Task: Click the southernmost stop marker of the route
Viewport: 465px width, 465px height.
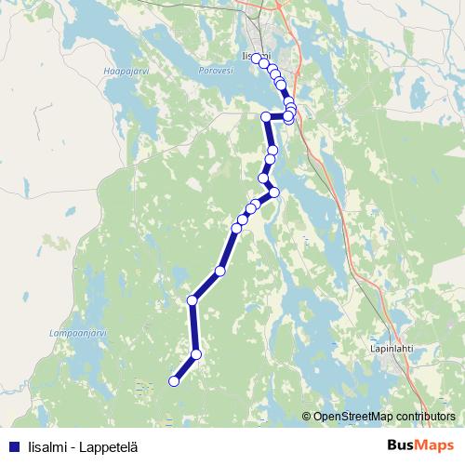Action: click(174, 380)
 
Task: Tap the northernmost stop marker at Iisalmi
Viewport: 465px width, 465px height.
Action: click(257, 59)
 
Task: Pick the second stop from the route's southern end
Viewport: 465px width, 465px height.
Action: click(196, 353)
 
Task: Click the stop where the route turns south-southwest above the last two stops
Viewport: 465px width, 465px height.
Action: click(193, 299)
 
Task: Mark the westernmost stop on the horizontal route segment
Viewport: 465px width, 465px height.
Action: click(266, 116)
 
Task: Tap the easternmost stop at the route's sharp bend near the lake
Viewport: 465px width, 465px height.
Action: click(274, 193)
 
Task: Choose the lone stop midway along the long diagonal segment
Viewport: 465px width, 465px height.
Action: click(220, 271)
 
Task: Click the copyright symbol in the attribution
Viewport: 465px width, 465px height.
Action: click(307, 417)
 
